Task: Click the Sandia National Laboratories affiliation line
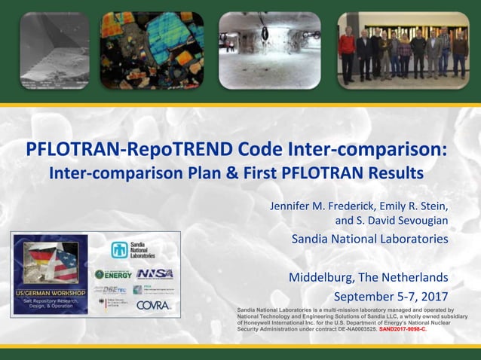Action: click(369, 239)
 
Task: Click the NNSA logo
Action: click(155, 274)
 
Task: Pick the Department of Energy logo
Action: click(115, 274)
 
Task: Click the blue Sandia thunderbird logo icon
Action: click(119, 250)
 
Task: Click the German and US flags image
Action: click(51, 261)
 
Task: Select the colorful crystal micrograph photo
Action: click(152, 50)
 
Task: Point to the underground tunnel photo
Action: click(269, 50)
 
